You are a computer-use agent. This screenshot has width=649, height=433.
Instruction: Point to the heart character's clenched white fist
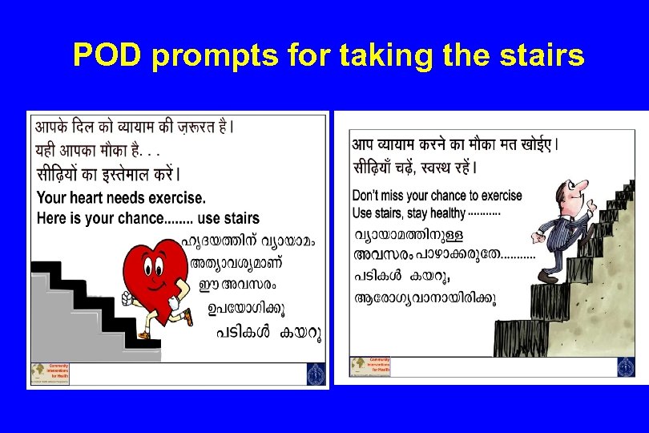[127, 298]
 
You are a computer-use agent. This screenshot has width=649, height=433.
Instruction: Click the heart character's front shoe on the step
[144, 334]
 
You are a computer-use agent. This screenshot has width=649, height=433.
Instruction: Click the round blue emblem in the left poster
[316, 374]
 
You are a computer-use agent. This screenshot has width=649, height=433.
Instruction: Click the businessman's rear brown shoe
[549, 277]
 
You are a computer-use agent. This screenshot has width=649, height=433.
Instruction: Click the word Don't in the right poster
[365, 196]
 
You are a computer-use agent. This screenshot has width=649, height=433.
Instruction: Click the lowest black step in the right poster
[521, 338]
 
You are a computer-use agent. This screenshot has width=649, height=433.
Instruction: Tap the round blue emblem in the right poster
[626, 366]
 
